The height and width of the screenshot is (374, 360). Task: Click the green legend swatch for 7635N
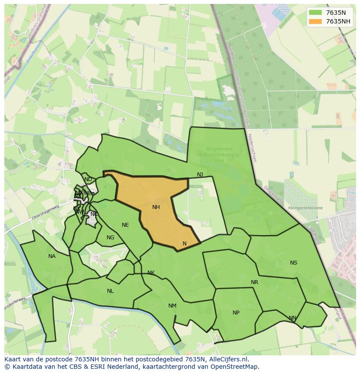(x=315, y=13)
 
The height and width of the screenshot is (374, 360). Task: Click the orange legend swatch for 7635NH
(x=315, y=21)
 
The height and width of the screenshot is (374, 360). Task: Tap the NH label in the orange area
(x=156, y=207)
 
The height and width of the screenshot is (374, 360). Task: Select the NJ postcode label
(x=200, y=175)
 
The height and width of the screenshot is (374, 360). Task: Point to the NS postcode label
(x=293, y=263)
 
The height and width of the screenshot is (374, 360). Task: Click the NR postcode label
(x=254, y=282)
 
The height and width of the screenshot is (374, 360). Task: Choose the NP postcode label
(x=236, y=313)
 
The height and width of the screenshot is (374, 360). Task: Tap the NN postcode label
(x=293, y=318)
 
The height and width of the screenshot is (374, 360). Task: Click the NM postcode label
(x=172, y=306)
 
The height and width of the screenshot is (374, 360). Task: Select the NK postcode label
(x=151, y=273)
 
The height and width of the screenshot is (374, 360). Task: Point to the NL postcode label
(x=110, y=291)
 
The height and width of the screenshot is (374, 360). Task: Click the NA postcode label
(x=52, y=256)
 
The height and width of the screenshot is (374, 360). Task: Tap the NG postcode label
(x=110, y=238)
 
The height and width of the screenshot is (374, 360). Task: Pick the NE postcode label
(x=125, y=225)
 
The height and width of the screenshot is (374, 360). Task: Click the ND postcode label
(x=88, y=179)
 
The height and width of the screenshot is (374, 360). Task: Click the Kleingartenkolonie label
(x=305, y=208)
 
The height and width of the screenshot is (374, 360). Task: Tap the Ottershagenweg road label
(x=45, y=212)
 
